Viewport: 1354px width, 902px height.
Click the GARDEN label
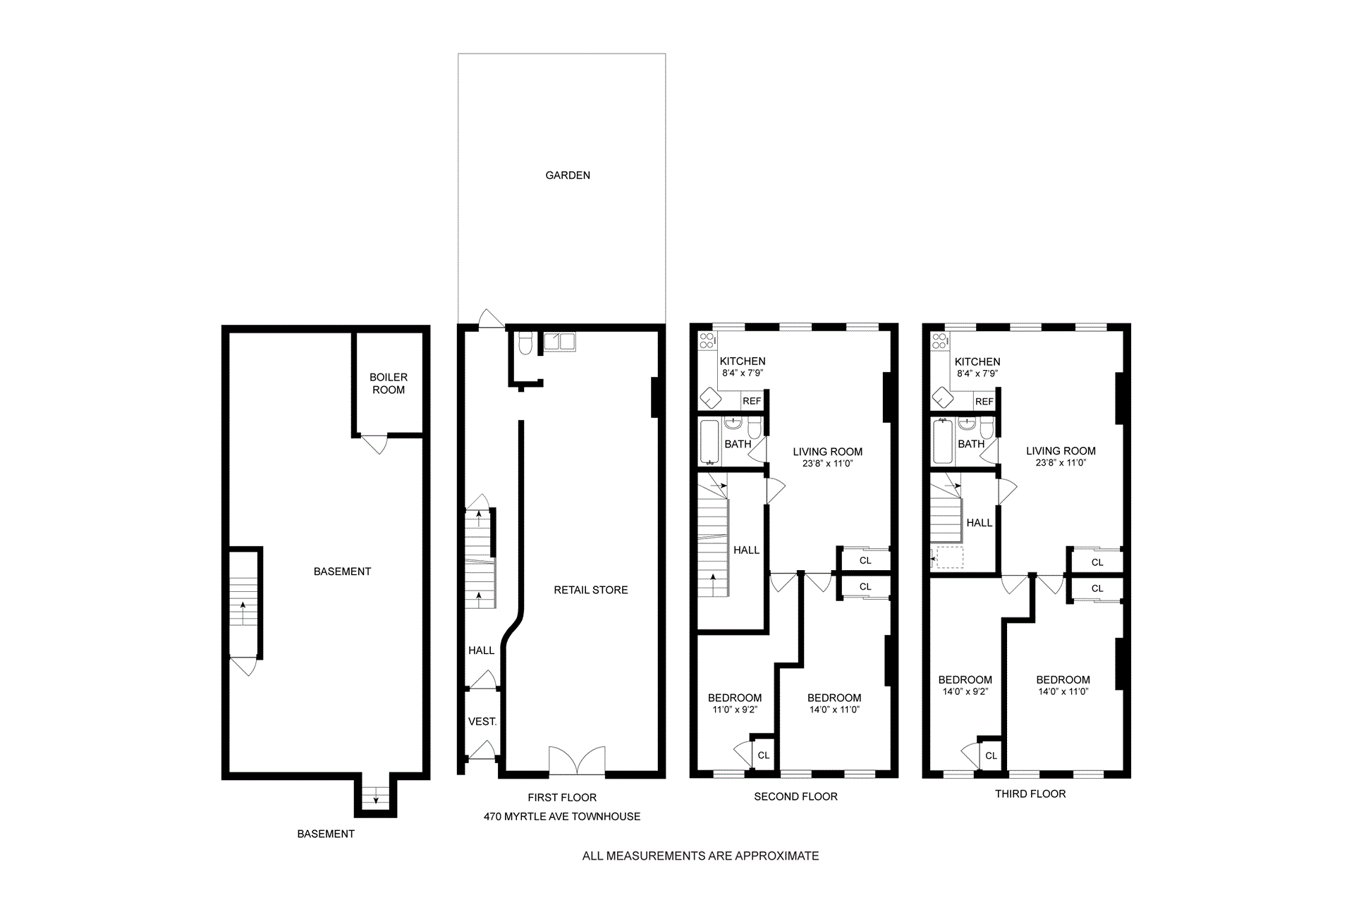point(568,175)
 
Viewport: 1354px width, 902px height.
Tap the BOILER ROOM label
point(388,383)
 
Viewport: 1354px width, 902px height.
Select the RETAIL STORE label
point(590,590)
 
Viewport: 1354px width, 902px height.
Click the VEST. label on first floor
point(482,722)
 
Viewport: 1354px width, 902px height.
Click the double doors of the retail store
point(577,762)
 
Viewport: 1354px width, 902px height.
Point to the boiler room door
point(376,444)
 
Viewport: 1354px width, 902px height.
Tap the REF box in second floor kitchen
point(752,401)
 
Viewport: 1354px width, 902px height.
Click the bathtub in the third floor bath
point(942,442)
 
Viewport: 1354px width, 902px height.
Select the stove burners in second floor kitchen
point(707,342)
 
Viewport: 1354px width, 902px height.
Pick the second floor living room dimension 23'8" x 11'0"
point(827,464)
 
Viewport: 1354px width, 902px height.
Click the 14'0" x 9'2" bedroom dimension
point(965,692)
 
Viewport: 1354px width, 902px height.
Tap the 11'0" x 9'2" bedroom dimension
point(734,710)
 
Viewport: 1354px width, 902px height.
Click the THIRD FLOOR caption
point(1030,793)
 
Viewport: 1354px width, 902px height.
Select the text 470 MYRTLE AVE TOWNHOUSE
point(561,816)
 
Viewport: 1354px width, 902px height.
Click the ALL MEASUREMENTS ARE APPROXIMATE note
point(700,856)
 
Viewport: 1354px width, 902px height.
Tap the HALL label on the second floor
point(746,550)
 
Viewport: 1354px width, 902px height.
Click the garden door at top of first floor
point(491,319)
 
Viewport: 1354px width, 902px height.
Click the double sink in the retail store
point(560,342)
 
